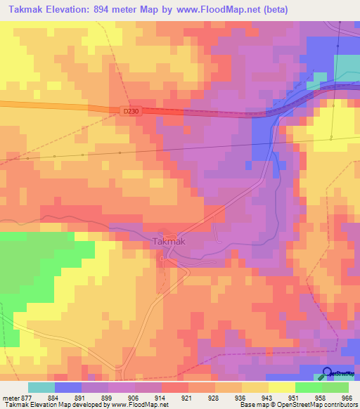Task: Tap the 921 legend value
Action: click(x=187, y=397)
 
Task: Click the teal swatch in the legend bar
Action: click(x=41, y=387)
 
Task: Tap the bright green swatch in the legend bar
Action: click(x=308, y=387)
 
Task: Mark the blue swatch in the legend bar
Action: click(x=68, y=387)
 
